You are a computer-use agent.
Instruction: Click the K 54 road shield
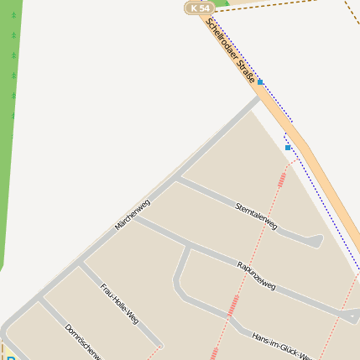tap(199, 8)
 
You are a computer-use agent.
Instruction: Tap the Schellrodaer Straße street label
tap(231, 50)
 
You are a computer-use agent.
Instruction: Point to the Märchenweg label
tap(133, 215)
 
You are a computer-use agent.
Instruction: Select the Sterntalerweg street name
tap(256, 216)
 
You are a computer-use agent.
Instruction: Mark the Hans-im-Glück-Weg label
tap(282, 345)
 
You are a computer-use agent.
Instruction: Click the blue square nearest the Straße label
tap(260, 82)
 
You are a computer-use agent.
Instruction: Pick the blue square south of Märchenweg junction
tap(288, 148)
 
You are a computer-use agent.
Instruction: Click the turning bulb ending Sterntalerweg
tap(316, 242)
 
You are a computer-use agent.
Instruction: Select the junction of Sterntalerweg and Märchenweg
tap(177, 178)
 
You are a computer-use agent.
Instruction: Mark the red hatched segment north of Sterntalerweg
tap(283, 176)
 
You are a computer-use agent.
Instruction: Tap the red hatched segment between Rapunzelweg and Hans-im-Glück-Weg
tap(232, 305)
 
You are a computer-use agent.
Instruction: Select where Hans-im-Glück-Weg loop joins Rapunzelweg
tap(188, 248)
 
